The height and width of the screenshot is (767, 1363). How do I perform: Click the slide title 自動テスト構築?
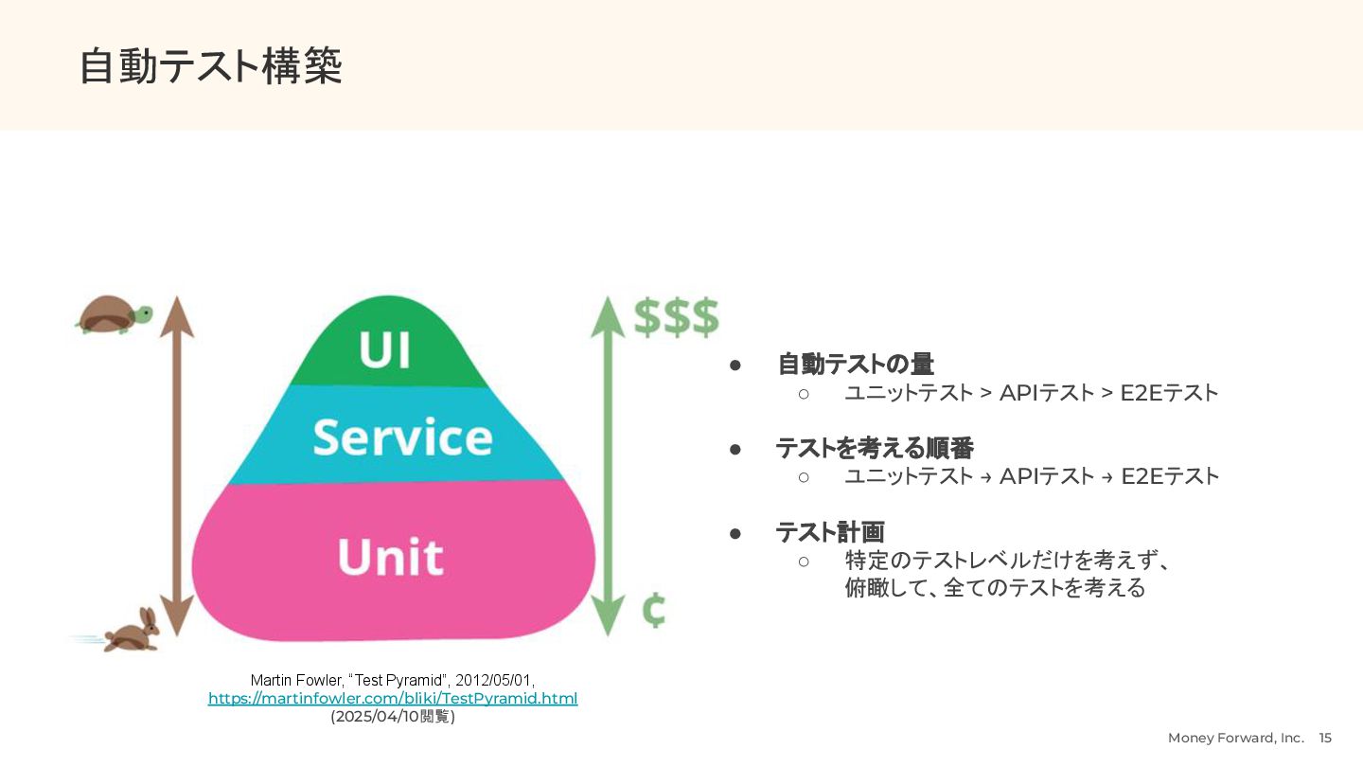[210, 66]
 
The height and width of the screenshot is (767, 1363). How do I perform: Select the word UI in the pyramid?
[384, 350]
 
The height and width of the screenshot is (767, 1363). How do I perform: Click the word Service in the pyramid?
[402, 437]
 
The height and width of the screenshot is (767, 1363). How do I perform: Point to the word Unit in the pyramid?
[390, 556]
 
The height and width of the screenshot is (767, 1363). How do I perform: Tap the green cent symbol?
[653, 611]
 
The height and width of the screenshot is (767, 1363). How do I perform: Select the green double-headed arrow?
[608, 465]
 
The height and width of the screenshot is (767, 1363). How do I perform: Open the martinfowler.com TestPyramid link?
[393, 699]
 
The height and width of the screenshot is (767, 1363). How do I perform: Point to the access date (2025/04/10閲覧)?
[393, 717]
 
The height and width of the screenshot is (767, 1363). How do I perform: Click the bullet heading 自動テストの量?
[856, 364]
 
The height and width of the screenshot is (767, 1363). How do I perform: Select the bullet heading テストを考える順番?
[875, 448]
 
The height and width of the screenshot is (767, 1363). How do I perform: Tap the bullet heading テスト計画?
[830, 532]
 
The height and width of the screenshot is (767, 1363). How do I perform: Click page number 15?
[1325, 738]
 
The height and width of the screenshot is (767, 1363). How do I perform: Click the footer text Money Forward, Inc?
[1235, 738]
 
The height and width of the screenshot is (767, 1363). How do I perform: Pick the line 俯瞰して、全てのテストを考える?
[995, 588]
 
